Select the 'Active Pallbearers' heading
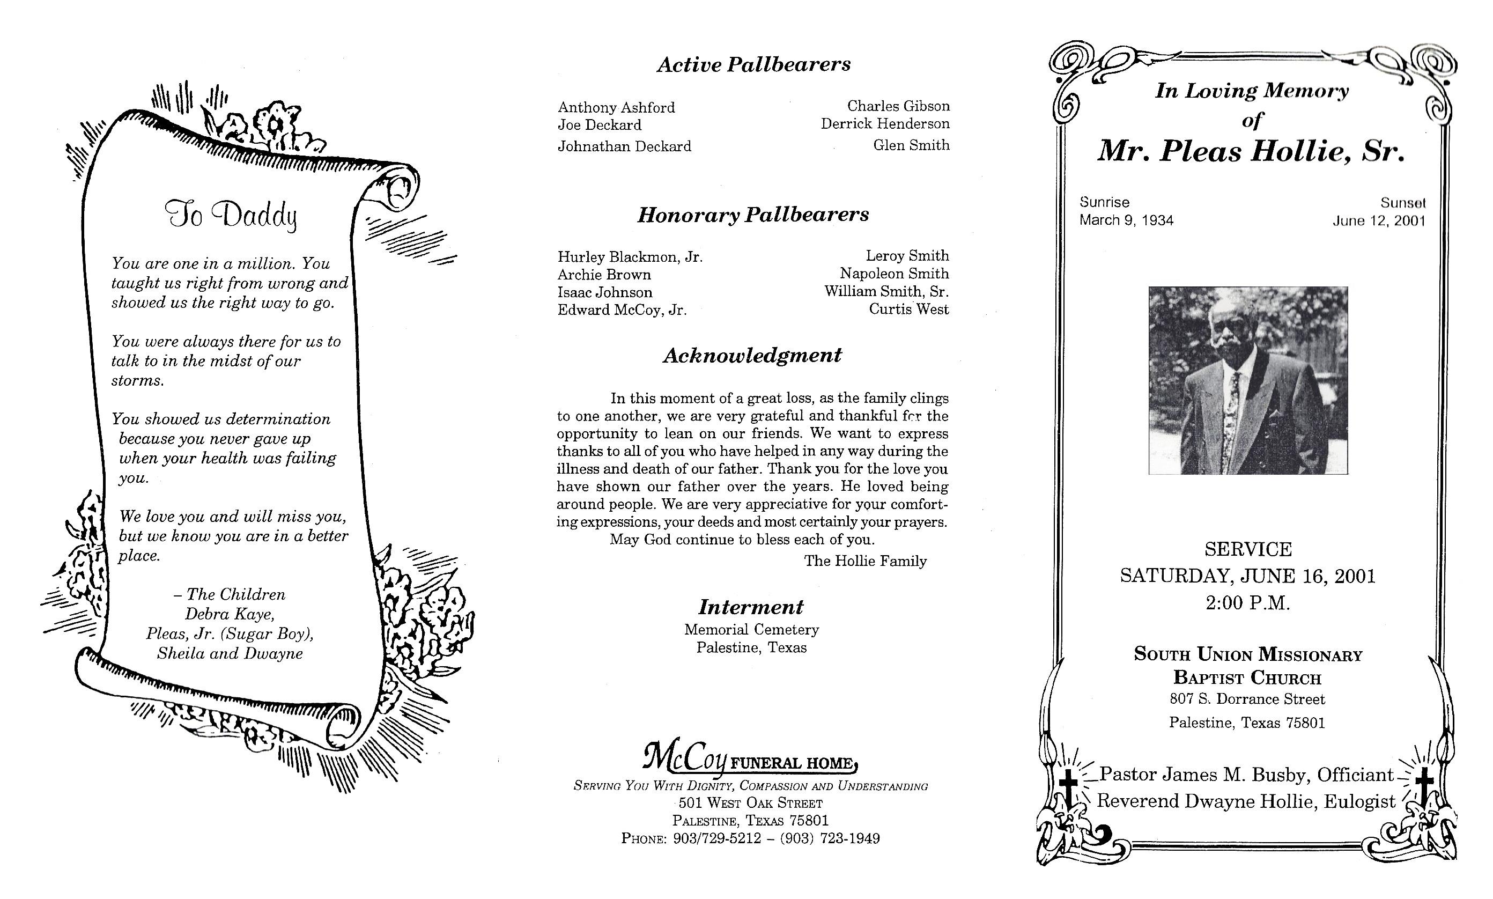[x=753, y=64]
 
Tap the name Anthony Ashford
[x=616, y=107]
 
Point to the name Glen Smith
[x=911, y=145]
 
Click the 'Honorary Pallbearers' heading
[x=753, y=215]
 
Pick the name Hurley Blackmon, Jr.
[x=630, y=257]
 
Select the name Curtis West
[x=908, y=310]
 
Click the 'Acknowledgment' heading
[x=752, y=355]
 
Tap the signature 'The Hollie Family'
[x=865, y=561]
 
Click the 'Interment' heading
[x=751, y=607]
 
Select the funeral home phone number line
[x=750, y=838]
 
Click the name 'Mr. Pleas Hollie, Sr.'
[x=1251, y=151]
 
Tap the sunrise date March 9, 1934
[x=1126, y=220]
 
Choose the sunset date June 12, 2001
[x=1379, y=221]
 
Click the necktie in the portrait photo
[x=1232, y=412]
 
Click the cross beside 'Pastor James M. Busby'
[x=1068, y=787]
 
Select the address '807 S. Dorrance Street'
[x=1247, y=699]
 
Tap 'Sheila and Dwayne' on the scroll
[x=230, y=654]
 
